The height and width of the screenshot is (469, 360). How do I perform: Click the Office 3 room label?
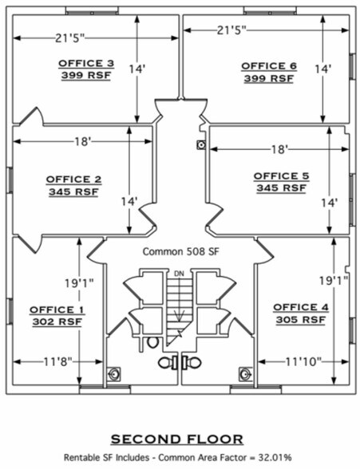point(86,64)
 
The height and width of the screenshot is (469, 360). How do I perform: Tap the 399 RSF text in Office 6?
point(269,78)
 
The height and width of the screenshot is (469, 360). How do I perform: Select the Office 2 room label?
point(73,179)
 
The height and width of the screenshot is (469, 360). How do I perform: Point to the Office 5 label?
point(281,176)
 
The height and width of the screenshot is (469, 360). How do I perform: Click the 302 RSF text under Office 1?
point(57,322)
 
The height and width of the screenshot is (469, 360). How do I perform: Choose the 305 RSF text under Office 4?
point(301,320)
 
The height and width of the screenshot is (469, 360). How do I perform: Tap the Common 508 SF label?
point(180,251)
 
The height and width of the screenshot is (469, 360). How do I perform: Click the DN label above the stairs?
point(179,274)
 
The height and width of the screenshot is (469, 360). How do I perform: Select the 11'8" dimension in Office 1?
point(58,362)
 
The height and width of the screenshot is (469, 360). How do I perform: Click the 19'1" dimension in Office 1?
point(79,283)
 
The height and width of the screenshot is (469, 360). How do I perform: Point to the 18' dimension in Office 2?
point(82,141)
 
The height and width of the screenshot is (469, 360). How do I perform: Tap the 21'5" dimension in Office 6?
point(231,30)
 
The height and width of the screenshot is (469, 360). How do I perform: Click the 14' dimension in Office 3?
point(137,69)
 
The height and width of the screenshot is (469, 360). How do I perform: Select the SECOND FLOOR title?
point(177,439)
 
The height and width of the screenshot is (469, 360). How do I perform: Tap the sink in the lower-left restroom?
point(114,374)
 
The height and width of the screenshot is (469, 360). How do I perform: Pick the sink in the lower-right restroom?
point(245,374)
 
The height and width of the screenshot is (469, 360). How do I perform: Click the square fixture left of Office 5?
point(201,145)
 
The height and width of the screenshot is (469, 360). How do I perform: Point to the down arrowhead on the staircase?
point(180,317)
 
